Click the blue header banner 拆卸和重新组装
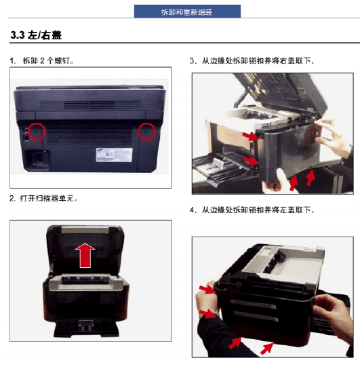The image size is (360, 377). click(x=187, y=12)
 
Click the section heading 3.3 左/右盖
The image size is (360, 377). click(x=36, y=35)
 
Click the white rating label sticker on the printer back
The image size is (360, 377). click(x=114, y=155)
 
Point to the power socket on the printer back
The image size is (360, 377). click(x=38, y=158)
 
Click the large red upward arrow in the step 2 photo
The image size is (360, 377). click(x=85, y=256)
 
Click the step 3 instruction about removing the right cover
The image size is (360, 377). click(x=252, y=60)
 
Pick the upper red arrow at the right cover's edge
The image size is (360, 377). click(x=251, y=136)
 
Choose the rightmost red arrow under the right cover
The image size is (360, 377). click(x=311, y=178)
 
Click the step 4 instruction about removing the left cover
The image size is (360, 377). click(x=252, y=210)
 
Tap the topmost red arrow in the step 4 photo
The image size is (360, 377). click(x=207, y=289)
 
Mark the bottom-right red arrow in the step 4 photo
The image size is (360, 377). click(x=267, y=349)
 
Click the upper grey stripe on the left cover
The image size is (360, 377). click(x=254, y=304)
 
